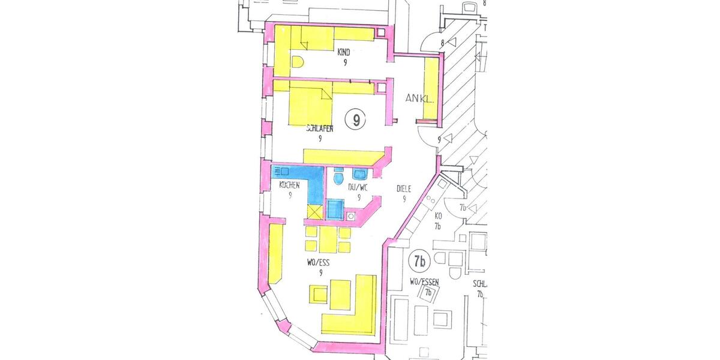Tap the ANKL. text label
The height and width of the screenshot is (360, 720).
419,99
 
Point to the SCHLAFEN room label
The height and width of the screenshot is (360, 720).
320,128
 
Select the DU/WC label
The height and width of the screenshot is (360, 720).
358,188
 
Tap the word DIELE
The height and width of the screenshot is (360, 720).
405,189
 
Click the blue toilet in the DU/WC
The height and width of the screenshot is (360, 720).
338,178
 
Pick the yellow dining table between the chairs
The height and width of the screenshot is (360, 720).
328,239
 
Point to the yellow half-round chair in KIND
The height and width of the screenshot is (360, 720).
298,62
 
